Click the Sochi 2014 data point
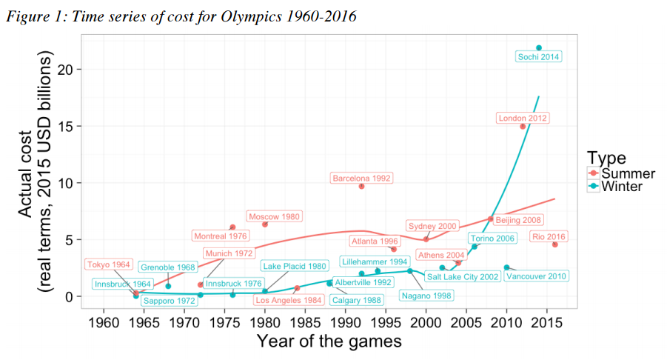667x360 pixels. (x=539, y=47)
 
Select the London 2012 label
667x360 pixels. (x=523, y=118)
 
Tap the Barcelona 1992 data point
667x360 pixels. (x=361, y=186)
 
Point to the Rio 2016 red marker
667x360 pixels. (x=554, y=244)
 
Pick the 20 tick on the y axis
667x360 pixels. (x=66, y=70)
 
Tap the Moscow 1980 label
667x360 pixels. (x=274, y=216)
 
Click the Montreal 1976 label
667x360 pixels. (x=220, y=236)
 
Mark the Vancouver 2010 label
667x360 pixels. (x=536, y=276)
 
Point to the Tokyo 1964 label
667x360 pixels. (x=108, y=264)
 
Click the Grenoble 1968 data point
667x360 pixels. (x=168, y=286)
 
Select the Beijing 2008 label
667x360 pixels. (x=519, y=219)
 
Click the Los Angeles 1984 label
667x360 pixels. (x=288, y=300)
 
